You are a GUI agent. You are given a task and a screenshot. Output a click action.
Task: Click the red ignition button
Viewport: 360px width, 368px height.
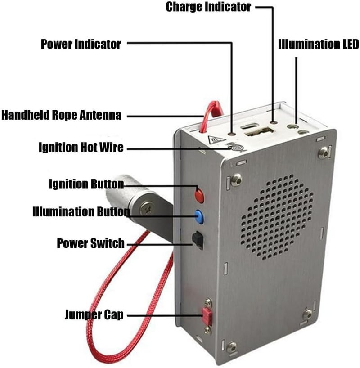point(199,195)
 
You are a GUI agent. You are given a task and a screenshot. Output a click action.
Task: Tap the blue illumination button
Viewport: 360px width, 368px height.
point(199,216)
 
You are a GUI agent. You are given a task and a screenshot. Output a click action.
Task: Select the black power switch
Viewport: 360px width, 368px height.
point(198,240)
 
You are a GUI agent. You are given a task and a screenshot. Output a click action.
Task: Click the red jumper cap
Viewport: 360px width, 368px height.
point(207,317)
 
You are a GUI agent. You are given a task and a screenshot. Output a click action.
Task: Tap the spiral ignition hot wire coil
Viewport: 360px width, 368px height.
point(237,148)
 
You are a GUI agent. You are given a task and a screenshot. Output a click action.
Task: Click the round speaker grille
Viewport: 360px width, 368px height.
point(277,217)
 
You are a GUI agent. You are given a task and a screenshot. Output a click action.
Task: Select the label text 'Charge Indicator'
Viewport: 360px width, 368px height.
point(208,7)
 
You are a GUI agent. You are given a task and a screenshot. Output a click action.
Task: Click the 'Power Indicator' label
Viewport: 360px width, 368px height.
point(81,44)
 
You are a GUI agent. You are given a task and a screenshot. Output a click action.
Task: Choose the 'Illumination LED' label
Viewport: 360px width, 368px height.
point(319,44)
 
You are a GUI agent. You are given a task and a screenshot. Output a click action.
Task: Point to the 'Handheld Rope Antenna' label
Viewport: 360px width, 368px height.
point(62,115)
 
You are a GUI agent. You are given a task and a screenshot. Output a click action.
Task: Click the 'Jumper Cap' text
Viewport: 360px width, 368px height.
point(94,314)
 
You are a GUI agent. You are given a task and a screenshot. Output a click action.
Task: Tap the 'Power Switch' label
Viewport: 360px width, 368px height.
point(90,243)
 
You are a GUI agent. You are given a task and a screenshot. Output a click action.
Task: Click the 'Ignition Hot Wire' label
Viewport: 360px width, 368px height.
point(81,148)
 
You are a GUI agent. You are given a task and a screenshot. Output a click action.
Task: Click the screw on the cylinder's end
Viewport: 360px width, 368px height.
point(146,208)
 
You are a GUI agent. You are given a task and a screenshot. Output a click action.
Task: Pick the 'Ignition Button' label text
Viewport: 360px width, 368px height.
point(86,184)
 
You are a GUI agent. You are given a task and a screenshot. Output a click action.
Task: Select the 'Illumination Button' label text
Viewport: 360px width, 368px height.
point(81,212)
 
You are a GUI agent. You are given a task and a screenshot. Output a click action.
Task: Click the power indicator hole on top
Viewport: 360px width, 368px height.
point(233,134)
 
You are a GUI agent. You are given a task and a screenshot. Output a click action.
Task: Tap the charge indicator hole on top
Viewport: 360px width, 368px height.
point(273,122)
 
